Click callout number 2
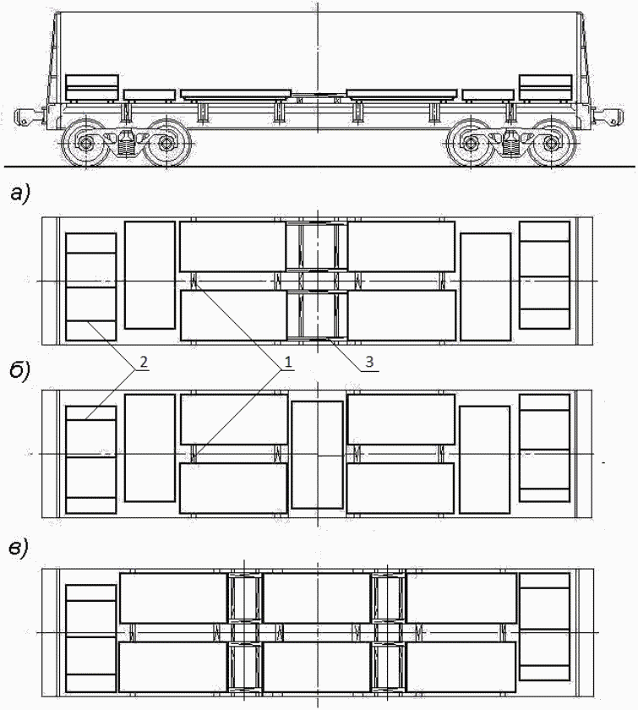click(x=144, y=362)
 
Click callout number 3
click(x=369, y=362)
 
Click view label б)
click(x=19, y=370)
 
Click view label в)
click(x=19, y=549)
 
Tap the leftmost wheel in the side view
click(x=85, y=143)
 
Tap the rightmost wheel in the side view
click(x=552, y=143)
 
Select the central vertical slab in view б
click(x=318, y=455)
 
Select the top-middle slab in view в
click(x=317, y=598)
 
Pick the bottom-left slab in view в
click(x=172, y=667)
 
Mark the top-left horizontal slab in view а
click(x=232, y=246)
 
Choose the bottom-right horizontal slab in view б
click(x=401, y=489)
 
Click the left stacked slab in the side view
click(x=92, y=87)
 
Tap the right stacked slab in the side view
click(x=545, y=87)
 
